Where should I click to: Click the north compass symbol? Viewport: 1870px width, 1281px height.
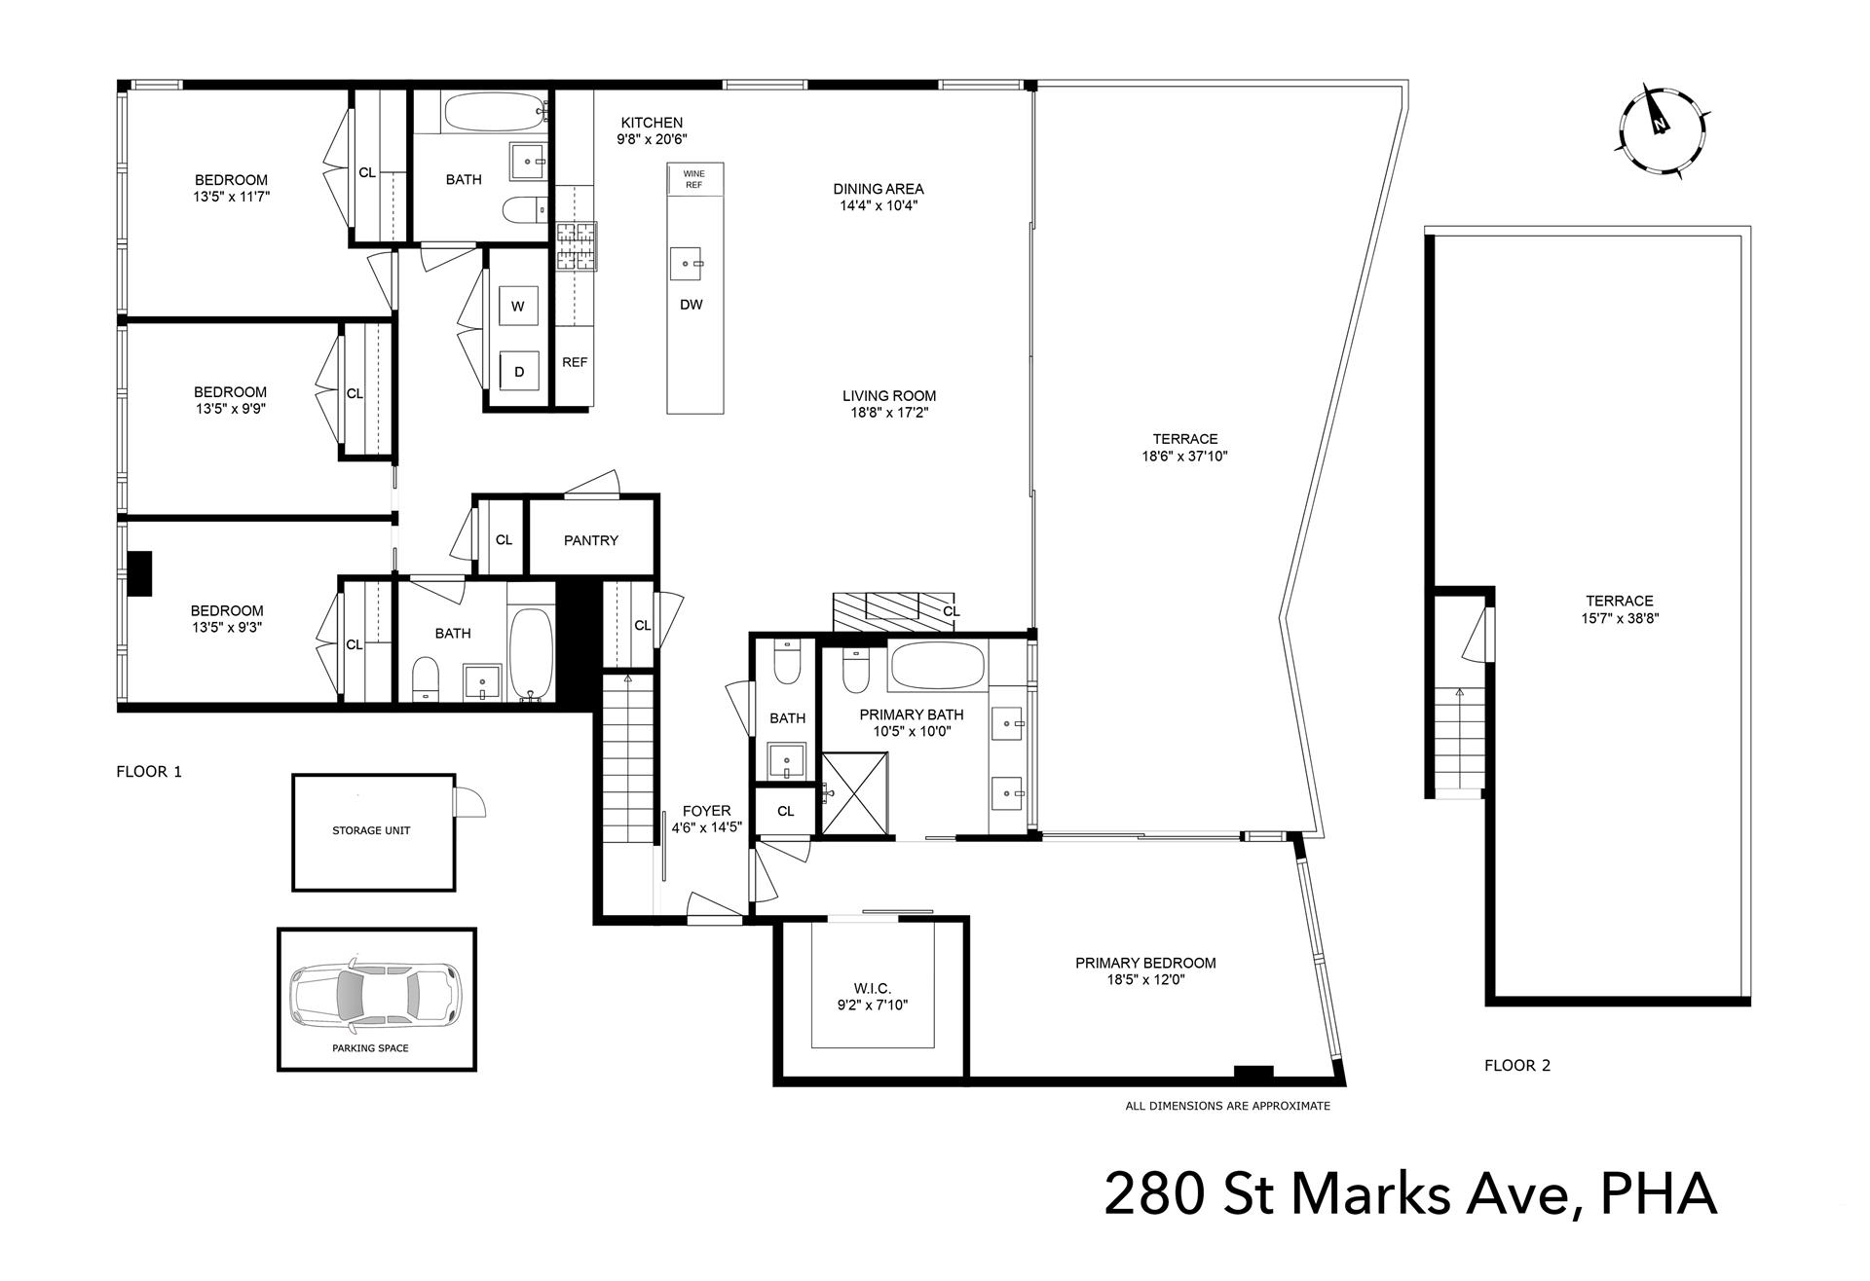(x=1663, y=130)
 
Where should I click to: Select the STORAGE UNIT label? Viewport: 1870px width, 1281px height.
(x=371, y=830)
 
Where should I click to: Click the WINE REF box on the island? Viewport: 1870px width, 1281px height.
(x=693, y=179)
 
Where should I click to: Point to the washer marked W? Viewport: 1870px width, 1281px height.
(x=518, y=307)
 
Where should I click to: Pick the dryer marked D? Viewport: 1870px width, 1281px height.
(x=519, y=372)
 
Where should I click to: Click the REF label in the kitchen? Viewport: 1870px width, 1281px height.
(x=575, y=362)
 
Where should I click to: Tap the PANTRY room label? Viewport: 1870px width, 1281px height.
(x=590, y=540)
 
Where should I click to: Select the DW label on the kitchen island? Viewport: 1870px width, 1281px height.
(x=691, y=305)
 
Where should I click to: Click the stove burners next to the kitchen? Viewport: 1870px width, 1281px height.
(x=576, y=247)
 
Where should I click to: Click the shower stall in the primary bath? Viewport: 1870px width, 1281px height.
(x=855, y=793)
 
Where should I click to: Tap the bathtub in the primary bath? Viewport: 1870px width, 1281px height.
(x=939, y=666)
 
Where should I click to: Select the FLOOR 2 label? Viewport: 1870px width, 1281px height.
(x=1516, y=1065)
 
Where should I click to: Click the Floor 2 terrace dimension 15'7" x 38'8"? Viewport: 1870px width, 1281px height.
(x=1619, y=618)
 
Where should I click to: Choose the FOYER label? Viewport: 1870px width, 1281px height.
(x=706, y=811)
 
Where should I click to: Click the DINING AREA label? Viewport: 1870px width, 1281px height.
(x=878, y=189)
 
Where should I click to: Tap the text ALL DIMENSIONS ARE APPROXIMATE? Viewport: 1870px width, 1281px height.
(x=1227, y=1106)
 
